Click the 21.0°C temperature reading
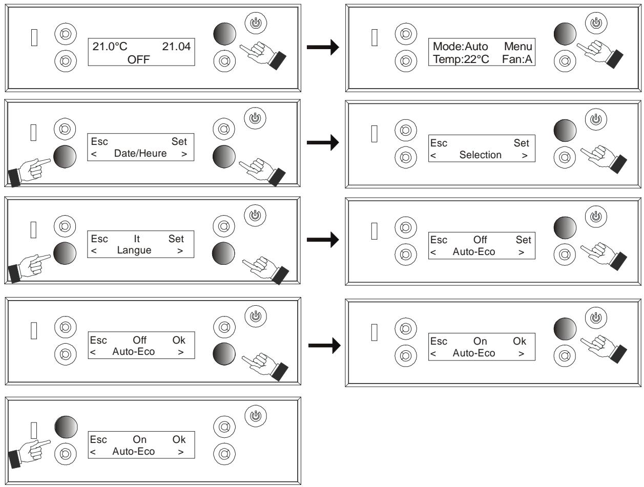click(110, 46)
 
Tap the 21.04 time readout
click(176, 46)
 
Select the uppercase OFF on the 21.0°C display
click(138, 60)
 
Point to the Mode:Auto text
click(461, 46)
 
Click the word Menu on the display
click(518, 46)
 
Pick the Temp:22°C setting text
click(461, 59)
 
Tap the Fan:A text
click(517, 59)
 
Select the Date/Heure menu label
click(140, 153)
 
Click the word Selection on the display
click(480, 155)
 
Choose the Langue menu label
click(134, 250)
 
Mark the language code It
click(137, 239)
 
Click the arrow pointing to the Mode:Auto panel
click(323, 47)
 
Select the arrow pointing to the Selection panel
click(323, 142)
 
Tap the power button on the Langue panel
click(255, 216)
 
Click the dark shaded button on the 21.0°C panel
click(224, 34)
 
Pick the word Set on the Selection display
click(521, 143)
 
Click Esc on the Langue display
click(99, 239)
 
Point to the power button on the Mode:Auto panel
click(596, 23)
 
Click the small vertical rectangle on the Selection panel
click(375, 134)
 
